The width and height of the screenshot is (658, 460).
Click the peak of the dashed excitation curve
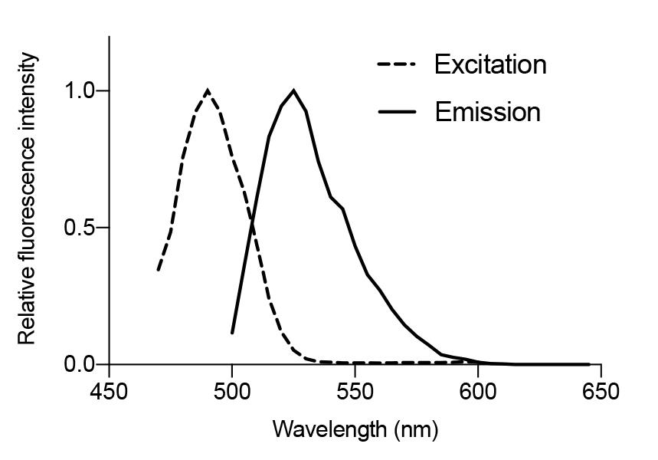click(x=208, y=90)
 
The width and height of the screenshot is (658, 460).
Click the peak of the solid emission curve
click(x=293, y=90)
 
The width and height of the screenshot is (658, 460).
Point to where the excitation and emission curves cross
click(x=252, y=222)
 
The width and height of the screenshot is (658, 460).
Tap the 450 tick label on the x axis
click(x=109, y=391)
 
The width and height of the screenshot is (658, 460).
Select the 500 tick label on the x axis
click(x=232, y=391)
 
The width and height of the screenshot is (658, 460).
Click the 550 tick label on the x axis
click(x=355, y=391)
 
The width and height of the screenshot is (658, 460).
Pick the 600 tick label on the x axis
click(x=478, y=391)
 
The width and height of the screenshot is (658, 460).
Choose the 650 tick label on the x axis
click(x=601, y=391)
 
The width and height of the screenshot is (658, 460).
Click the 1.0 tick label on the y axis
click(x=79, y=90)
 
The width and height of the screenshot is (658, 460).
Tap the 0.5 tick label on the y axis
click(x=79, y=228)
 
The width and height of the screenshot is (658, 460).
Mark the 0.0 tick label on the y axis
click(x=79, y=364)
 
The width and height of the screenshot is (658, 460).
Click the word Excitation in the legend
click(x=490, y=64)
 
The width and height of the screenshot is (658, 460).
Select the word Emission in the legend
click(x=487, y=112)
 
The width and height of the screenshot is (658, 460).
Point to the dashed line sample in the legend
click(x=396, y=65)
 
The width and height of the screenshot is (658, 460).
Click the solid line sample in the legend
click(x=396, y=112)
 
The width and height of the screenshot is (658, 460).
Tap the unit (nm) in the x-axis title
click(x=416, y=429)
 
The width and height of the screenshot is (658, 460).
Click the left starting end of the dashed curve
click(x=159, y=270)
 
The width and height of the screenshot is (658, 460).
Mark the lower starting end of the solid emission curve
click(x=232, y=333)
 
